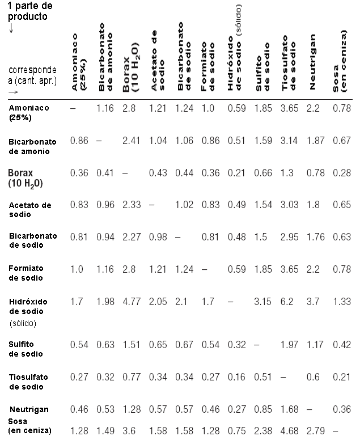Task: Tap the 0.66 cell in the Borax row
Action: pos(263,172)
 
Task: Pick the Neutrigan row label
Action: pos(29,409)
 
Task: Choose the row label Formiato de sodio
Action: pos(26,273)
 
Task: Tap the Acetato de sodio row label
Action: pos(29,209)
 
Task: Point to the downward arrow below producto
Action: pos(11,28)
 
